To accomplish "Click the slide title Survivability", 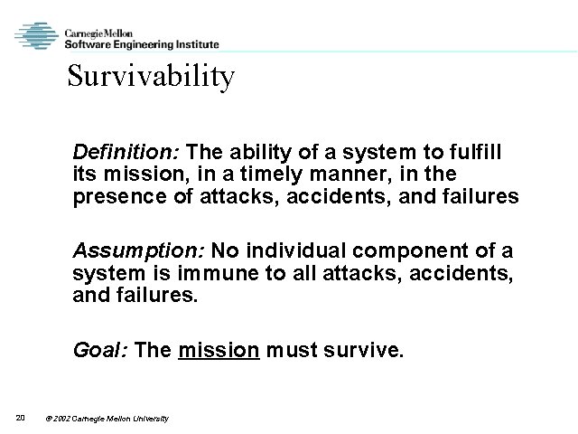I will (151, 78).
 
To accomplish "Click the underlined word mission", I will (219, 350).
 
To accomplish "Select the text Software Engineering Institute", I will (141, 43).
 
